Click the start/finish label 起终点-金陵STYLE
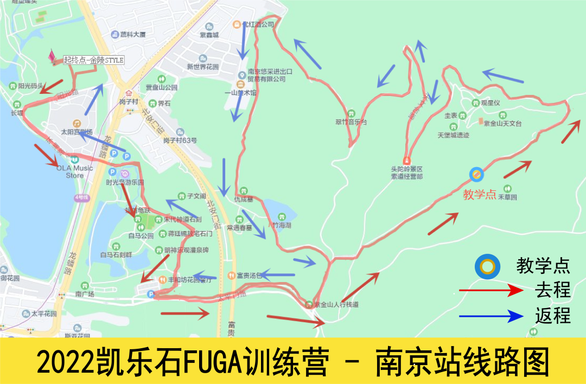tap(94, 60)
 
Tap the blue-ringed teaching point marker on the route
tap(476, 174)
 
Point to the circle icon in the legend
tap(487, 267)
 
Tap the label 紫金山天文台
tap(502, 124)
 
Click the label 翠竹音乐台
tap(351, 122)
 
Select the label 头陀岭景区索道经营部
tap(407, 172)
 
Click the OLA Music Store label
tap(75, 171)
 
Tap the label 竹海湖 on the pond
tap(282, 224)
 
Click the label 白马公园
tap(141, 236)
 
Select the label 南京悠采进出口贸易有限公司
tap(266, 75)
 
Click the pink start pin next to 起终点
tap(53, 56)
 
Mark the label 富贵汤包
tap(249, 276)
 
